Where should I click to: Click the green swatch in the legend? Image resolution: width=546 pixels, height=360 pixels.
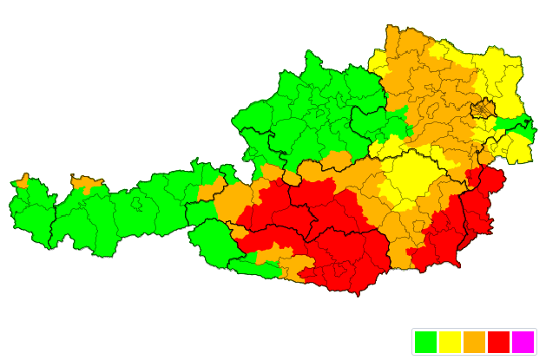[425, 342]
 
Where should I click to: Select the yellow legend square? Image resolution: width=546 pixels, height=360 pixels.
[450, 342]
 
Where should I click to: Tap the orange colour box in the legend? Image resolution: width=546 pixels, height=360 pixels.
[474, 342]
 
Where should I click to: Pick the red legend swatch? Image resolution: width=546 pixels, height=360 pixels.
[498, 342]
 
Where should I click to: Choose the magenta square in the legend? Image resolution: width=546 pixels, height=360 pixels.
[523, 342]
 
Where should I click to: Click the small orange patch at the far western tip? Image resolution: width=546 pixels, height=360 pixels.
[22, 182]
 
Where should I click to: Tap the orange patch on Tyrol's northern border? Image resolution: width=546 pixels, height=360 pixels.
[87, 183]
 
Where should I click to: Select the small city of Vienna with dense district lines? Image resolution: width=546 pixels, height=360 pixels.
[482, 109]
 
